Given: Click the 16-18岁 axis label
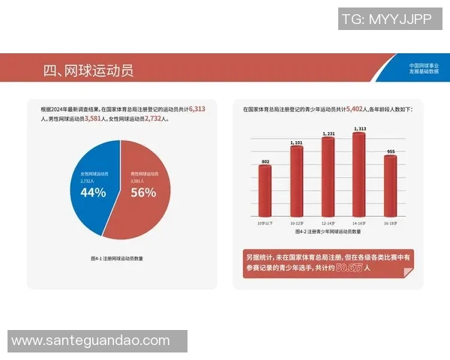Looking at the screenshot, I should click(x=390, y=223).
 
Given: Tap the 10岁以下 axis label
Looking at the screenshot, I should click(x=265, y=223).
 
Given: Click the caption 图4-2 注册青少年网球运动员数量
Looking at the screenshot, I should click(x=328, y=232).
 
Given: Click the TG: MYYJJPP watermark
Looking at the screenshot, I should click(x=386, y=20).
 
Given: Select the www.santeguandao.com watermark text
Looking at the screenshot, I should click(x=91, y=340).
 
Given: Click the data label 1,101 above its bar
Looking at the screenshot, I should click(x=296, y=142).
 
